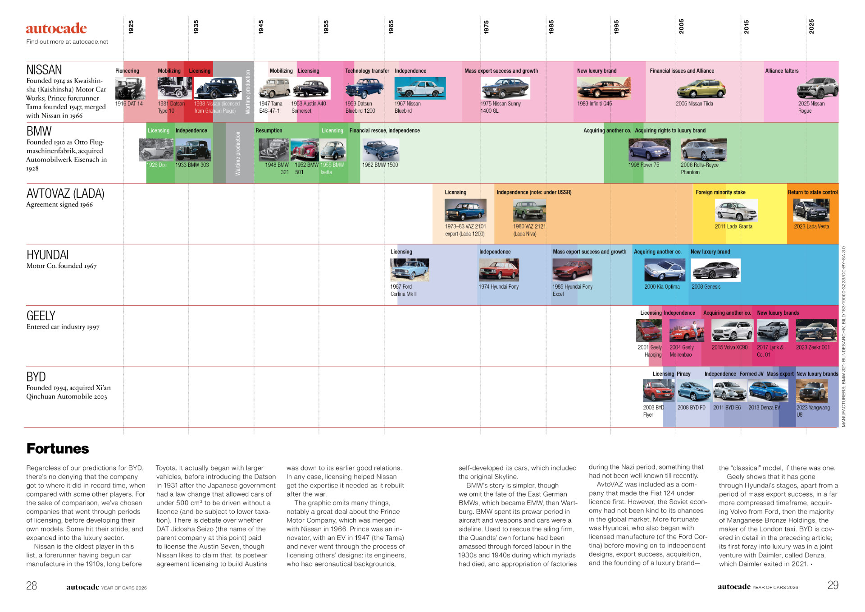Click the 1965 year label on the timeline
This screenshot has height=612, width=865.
pos(391,27)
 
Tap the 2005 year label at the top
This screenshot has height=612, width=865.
pos(681,26)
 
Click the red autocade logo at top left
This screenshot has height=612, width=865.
pos(56,28)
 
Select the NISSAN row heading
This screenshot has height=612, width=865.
pos(44,70)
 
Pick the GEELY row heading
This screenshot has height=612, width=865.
pos(41,316)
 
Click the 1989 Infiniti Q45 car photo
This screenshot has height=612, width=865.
pos(604,88)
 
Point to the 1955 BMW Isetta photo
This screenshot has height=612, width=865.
pos(333,150)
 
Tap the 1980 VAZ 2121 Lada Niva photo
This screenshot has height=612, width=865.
pos(529,210)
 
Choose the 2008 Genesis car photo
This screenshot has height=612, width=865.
pos(715,270)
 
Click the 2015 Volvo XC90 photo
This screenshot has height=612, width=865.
pos(732,331)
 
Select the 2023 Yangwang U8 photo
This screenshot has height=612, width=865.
pos(812,391)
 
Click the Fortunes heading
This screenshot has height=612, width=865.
pos(58,449)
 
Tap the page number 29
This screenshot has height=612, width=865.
pos(833,585)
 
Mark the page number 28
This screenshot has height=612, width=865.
pos(32,586)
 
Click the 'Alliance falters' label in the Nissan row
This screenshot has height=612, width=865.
pos(782,71)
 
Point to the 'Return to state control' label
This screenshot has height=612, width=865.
pos(813,192)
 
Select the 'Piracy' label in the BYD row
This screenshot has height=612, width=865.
pos(683,374)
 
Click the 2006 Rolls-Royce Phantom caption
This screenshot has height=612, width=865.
pos(699,168)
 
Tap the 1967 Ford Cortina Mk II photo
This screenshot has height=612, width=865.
pos(410,270)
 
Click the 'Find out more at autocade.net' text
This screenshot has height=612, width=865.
pos(67,42)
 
